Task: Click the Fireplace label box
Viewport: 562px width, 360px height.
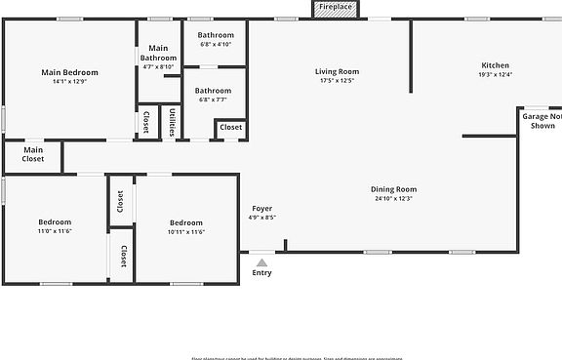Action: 337,8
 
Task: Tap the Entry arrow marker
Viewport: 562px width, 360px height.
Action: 261,261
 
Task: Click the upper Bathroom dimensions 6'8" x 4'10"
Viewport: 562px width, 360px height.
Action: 216,44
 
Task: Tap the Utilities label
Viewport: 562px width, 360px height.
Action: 173,122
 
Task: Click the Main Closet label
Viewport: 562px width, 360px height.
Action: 33,154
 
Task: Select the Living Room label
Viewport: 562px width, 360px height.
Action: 337,71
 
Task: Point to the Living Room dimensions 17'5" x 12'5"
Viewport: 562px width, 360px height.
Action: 337,81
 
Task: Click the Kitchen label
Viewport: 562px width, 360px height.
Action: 496,64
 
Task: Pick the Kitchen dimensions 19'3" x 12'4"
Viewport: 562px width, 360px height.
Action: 496,74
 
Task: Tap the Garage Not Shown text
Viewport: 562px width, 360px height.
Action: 542,121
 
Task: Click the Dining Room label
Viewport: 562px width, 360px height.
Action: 393,189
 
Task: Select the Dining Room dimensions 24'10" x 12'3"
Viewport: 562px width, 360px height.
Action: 393,199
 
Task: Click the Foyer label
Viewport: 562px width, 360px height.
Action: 261,209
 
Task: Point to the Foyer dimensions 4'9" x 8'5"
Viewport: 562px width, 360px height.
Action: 261,219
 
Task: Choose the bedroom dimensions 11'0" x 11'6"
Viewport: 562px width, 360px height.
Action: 55,232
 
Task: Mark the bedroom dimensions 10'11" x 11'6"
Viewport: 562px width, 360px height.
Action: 185,232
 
